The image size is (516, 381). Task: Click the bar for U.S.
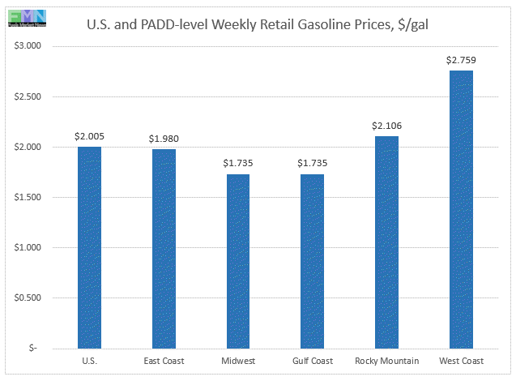click(x=89, y=247)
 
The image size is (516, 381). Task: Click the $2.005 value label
click(x=89, y=136)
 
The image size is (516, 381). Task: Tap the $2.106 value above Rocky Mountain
click(x=386, y=126)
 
